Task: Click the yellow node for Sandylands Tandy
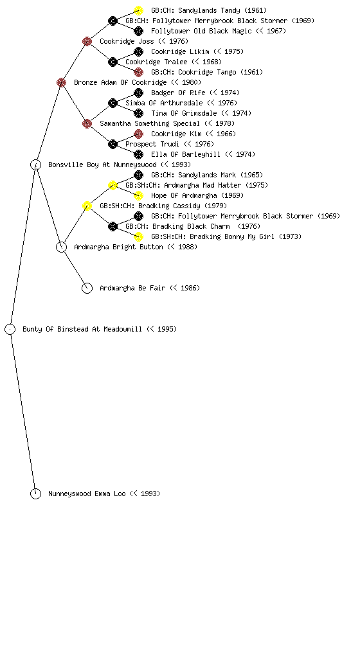[138, 10]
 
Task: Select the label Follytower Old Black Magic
[201, 31]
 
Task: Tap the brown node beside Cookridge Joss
[87, 41]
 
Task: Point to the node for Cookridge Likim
[138, 51]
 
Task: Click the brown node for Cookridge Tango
[138, 72]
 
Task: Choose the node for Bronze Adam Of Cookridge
[61, 82]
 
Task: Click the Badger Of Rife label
[178, 93]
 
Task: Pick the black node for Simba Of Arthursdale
[113, 103]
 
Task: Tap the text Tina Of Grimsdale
[184, 113]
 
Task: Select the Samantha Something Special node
[87, 123]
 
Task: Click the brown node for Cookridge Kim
[138, 134]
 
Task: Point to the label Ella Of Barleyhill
[186, 154]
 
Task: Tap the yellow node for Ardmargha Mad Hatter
[113, 185]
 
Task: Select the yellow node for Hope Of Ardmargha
[138, 195]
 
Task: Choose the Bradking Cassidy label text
[164, 206]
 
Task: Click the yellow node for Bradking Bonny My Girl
[138, 236]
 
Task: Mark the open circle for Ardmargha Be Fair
[87, 283]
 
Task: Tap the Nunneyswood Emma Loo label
[104, 494]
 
